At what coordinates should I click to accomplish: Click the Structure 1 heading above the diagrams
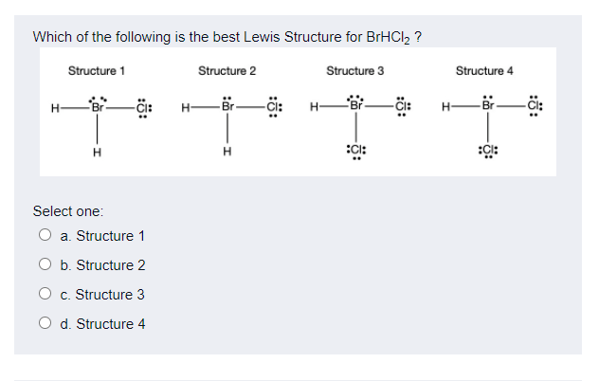click(97, 71)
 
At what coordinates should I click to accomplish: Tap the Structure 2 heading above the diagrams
click(227, 71)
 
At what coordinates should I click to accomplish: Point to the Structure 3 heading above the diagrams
click(355, 71)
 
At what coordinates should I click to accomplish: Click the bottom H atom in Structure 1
click(97, 155)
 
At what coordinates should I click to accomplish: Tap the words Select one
click(68, 209)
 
